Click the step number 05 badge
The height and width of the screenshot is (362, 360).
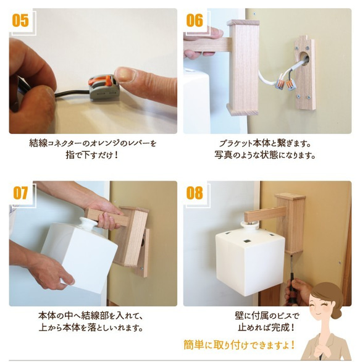[20, 20]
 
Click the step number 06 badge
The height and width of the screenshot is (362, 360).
[195, 20]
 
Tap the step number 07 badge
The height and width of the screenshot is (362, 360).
[20, 193]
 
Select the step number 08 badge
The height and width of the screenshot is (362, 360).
[195, 193]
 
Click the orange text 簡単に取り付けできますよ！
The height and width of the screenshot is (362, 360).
[239, 345]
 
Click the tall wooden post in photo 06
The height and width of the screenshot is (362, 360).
[243, 68]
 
